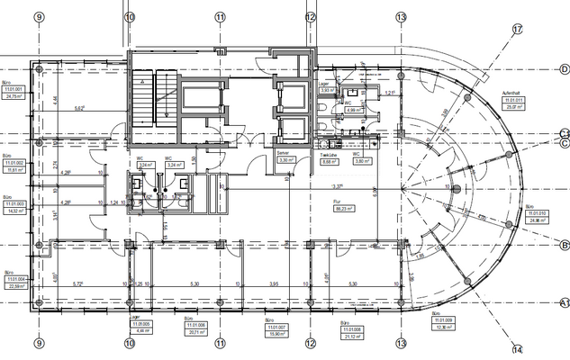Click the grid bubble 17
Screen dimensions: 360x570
(x=517, y=30)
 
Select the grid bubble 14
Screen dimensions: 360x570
(x=517, y=349)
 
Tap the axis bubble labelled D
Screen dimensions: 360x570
(x=564, y=69)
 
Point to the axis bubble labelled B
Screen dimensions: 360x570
(x=564, y=245)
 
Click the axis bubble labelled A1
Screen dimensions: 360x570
(x=565, y=302)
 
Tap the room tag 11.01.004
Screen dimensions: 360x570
(x=14, y=284)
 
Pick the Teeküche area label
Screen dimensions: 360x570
(x=329, y=163)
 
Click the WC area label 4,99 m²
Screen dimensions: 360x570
(x=353, y=112)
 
